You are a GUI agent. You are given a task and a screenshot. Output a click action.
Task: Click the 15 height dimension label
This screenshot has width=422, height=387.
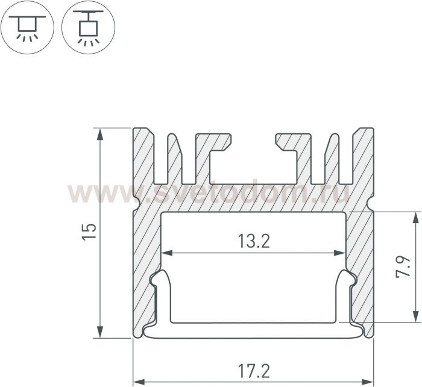pos(89,231)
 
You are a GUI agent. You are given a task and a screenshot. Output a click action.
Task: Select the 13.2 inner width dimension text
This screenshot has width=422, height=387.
pos(254,241)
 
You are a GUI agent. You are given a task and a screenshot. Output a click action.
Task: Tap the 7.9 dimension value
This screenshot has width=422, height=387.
pos(403,266)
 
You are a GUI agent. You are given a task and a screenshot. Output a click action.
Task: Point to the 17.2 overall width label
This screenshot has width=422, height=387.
pos(254,371)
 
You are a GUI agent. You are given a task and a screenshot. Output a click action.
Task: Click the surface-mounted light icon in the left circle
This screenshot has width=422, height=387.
pos(27,27)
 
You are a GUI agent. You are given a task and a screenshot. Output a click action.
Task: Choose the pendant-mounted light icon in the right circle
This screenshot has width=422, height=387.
pos(88,27)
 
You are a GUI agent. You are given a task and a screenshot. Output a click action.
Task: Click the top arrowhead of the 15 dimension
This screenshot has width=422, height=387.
pos(100,134)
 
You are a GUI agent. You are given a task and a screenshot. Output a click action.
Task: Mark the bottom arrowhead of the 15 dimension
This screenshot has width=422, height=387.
pos(100,332)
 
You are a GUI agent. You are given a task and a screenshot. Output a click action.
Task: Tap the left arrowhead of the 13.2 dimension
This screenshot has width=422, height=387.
pos(167,253)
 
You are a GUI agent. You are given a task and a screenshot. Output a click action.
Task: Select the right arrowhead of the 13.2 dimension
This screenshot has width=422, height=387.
pos(339,253)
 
